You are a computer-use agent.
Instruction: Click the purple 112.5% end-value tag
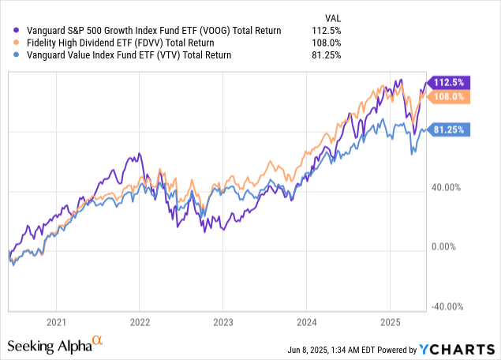click(450, 81)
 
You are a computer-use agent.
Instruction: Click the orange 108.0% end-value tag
click(450, 96)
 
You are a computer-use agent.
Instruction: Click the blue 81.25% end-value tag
click(450, 130)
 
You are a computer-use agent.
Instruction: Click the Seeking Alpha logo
click(55, 345)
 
